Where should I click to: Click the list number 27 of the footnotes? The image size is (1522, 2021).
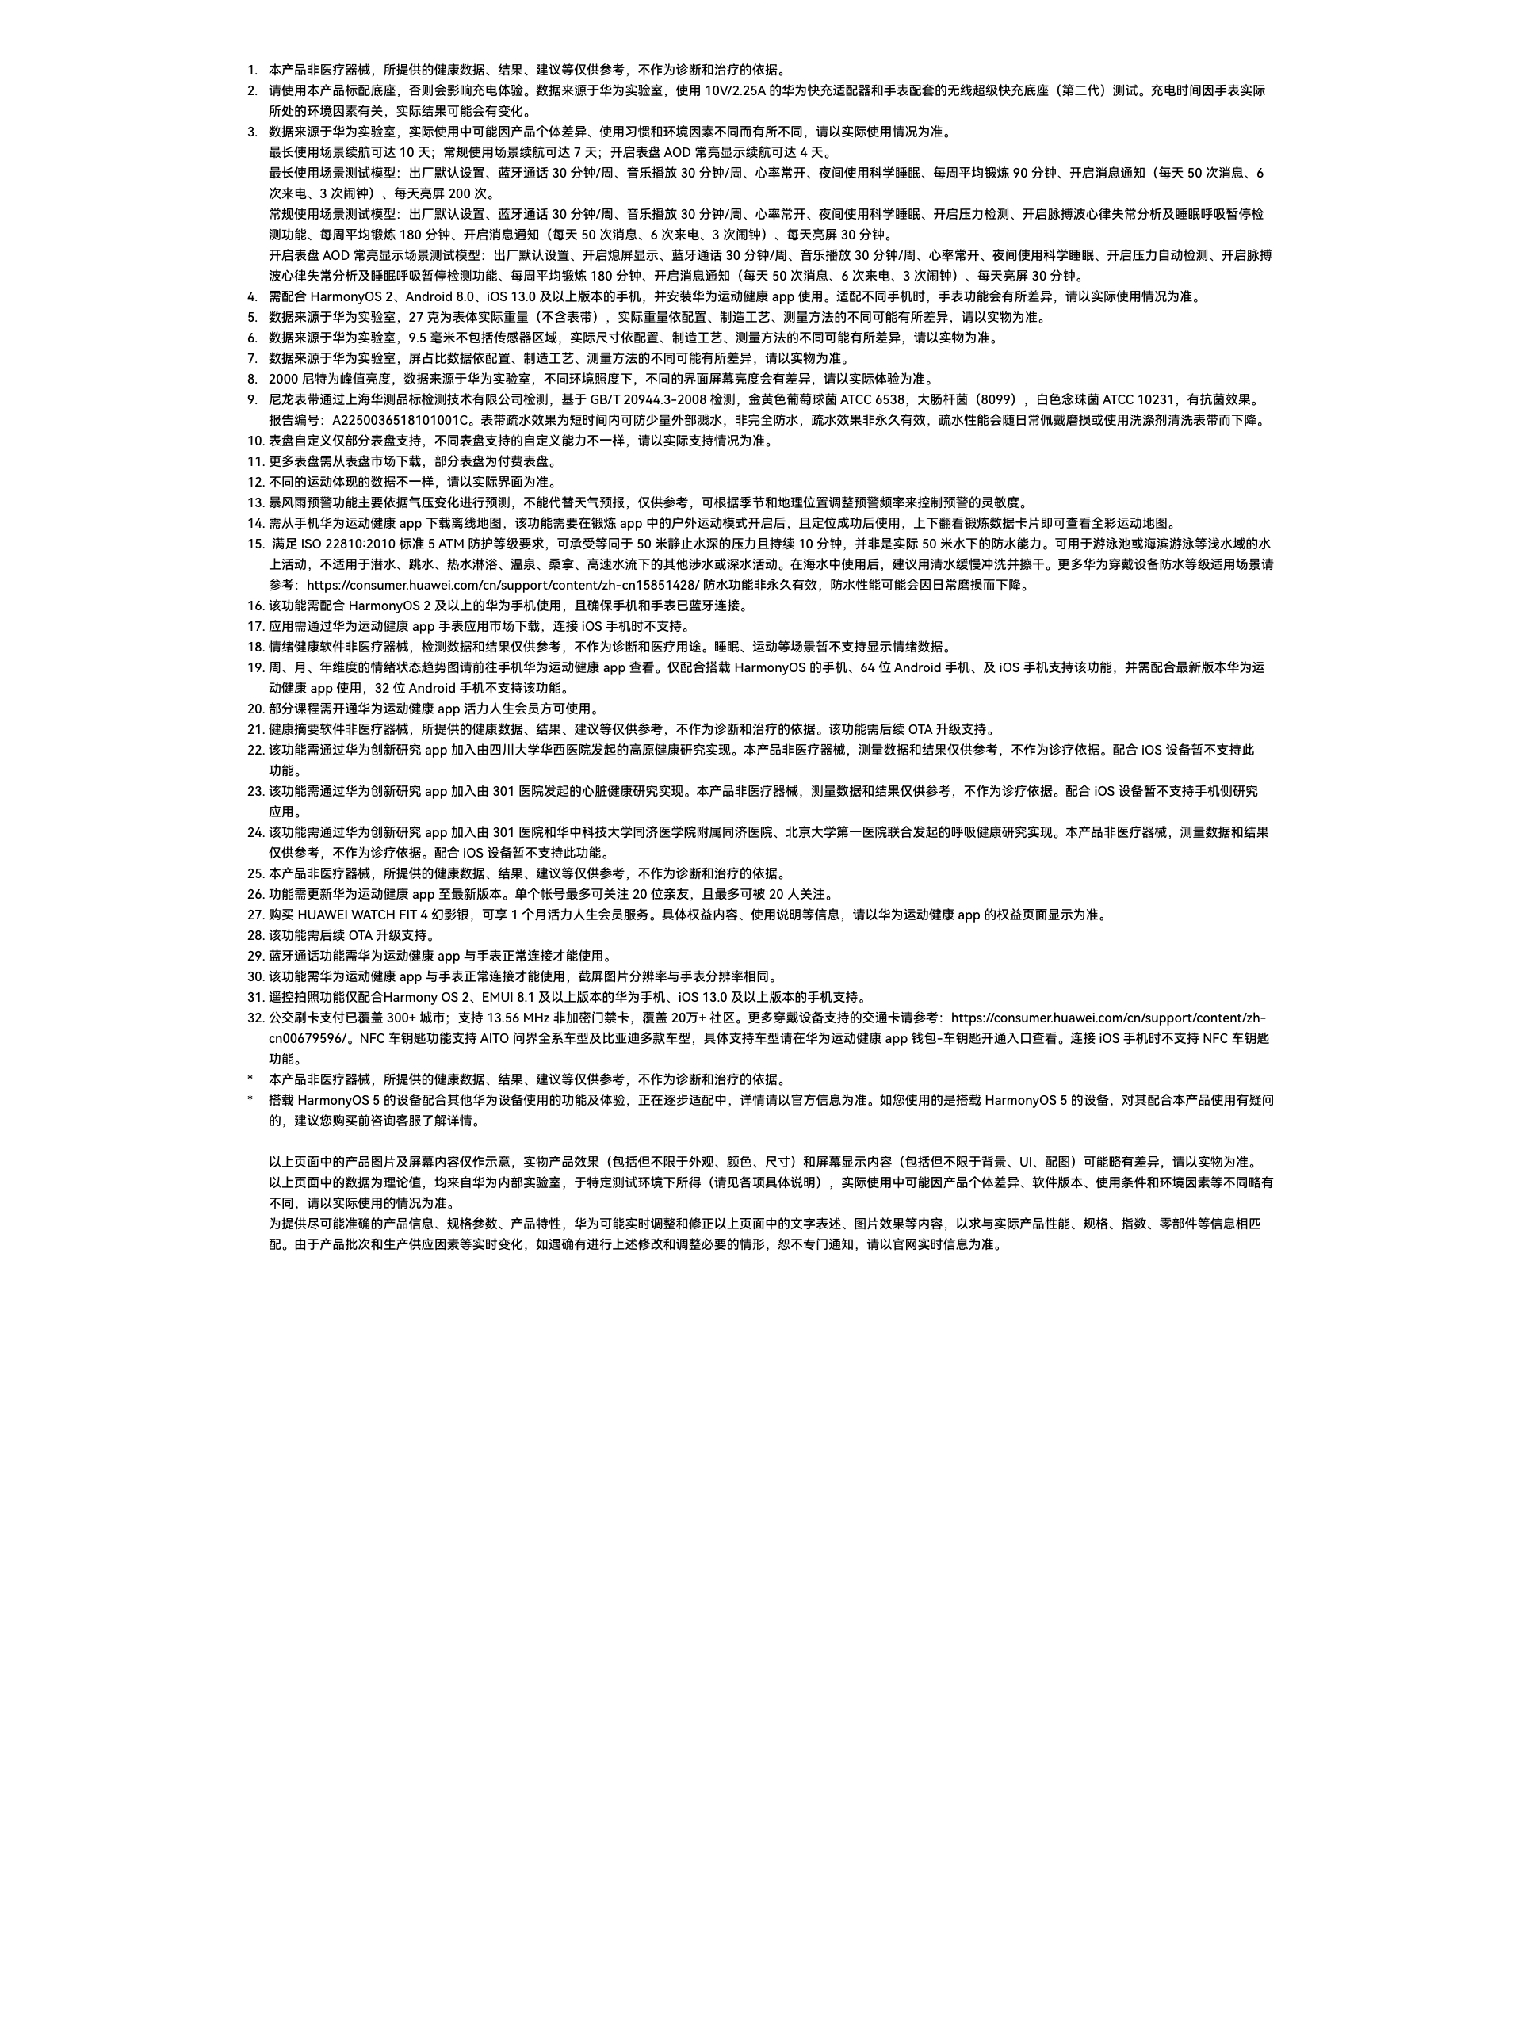click(255, 915)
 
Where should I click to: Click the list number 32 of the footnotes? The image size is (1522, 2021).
click(255, 1018)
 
